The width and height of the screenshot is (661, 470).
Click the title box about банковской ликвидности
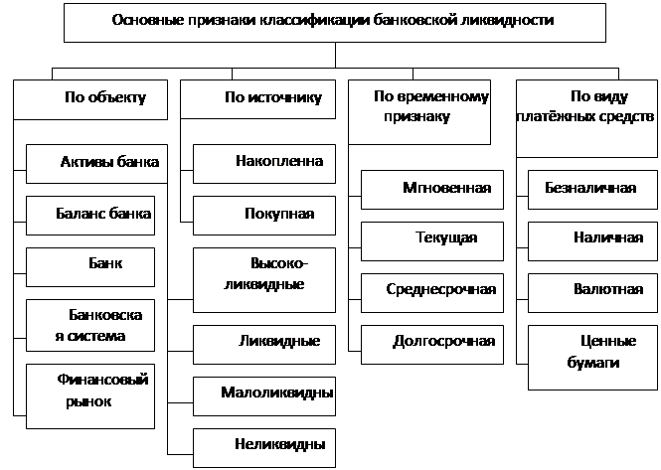pyautogui.click(x=335, y=23)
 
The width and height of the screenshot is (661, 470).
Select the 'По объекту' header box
pyautogui.click(x=90, y=99)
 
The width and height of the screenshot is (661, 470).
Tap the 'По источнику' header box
pyautogui.click(x=258, y=99)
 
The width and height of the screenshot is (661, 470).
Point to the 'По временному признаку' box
pyautogui.click(x=419, y=112)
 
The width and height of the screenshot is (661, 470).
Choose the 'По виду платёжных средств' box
pyautogui.click(x=586, y=118)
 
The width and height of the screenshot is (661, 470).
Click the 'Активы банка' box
pyautogui.click(x=97, y=164)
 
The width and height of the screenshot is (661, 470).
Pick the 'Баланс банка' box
pyautogui.click(x=90, y=216)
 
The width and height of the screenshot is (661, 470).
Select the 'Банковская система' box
pyautogui.click(x=90, y=325)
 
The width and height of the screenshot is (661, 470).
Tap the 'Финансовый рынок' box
pyautogui.click(x=90, y=396)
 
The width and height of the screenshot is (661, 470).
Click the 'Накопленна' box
pyautogui.click(x=264, y=164)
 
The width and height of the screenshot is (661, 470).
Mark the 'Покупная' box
pyautogui.click(x=264, y=216)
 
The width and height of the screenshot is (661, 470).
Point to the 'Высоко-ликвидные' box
pyautogui.click(x=264, y=280)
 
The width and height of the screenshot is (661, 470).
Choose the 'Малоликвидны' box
pyautogui.click(x=264, y=396)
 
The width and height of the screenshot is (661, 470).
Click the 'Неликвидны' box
pyautogui.click(x=264, y=448)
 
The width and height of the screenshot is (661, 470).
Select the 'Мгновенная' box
pyautogui.click(x=432, y=190)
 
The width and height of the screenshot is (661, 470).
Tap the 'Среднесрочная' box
pyautogui.click(x=432, y=293)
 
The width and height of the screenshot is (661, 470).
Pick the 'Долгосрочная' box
pyautogui.click(x=432, y=345)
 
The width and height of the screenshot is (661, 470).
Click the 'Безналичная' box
pyautogui.click(x=592, y=190)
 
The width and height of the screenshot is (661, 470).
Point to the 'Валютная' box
pyautogui.click(x=592, y=293)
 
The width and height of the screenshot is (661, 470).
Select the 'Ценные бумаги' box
pyautogui.click(x=592, y=358)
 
